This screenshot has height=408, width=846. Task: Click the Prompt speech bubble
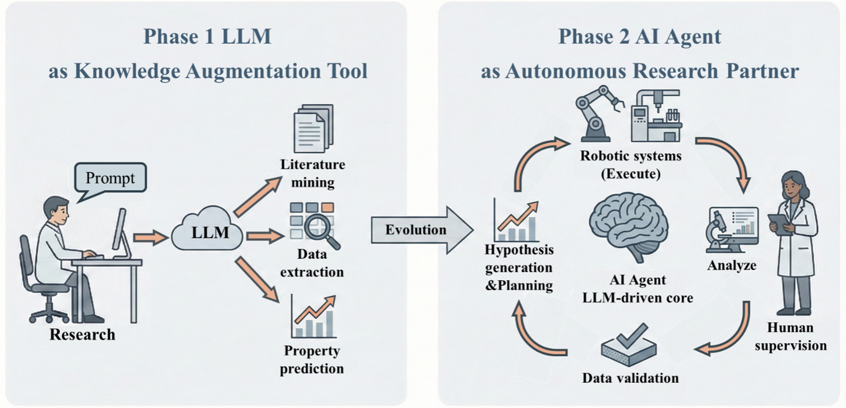point(110,178)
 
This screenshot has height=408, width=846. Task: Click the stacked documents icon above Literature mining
point(313,128)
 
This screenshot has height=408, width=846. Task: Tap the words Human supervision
point(790,336)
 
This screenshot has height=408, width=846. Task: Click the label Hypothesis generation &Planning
point(519,268)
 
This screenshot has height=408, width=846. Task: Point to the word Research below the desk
point(82,334)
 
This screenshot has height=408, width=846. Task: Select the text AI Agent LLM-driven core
point(637,289)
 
